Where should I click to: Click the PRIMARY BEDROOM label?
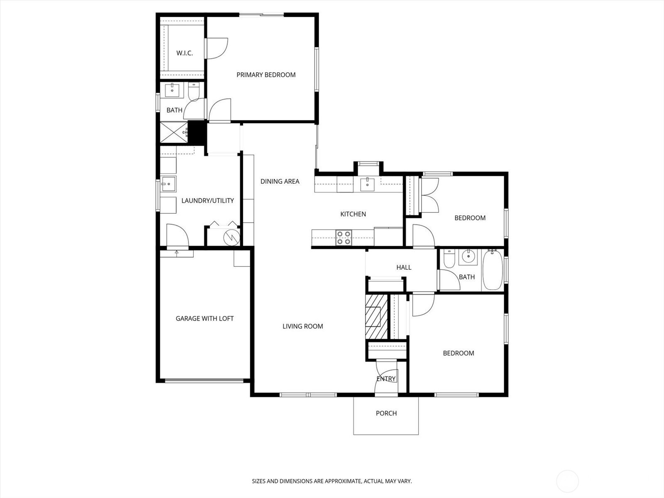pyautogui.click(x=266, y=75)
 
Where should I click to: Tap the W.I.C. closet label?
pyautogui.click(x=185, y=53)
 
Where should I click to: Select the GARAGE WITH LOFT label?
pyautogui.click(x=205, y=318)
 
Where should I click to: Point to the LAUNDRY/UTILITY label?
pyautogui.click(x=207, y=200)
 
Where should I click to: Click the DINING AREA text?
pyautogui.click(x=280, y=181)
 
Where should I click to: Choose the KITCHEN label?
pyautogui.click(x=353, y=214)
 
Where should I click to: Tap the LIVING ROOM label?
pyautogui.click(x=303, y=326)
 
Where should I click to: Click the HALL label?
pyautogui.click(x=404, y=267)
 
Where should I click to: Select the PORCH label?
pyautogui.click(x=386, y=413)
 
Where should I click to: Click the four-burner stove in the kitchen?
pyautogui.click(x=344, y=238)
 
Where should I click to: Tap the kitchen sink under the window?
pyautogui.click(x=367, y=184)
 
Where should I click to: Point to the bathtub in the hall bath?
pyautogui.click(x=493, y=270)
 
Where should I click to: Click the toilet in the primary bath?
pyautogui.click(x=193, y=92)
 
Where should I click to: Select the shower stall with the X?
pyautogui.click(x=173, y=132)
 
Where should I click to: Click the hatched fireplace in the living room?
pyautogui.click(x=376, y=317)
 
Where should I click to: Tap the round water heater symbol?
pyautogui.click(x=232, y=238)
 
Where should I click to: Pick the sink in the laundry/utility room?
pyautogui.click(x=168, y=184)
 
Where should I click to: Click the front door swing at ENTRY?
pyautogui.click(x=386, y=377)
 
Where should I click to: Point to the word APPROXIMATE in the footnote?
pyautogui.click(x=342, y=481)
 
